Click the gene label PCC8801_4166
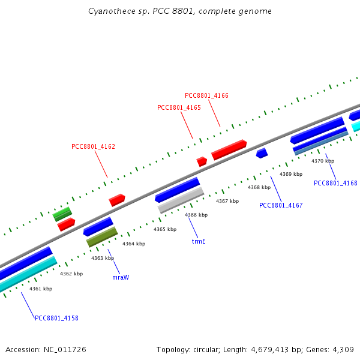click(206, 95)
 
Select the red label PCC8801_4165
click(179, 107)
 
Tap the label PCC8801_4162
click(93, 146)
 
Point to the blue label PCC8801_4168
click(335, 183)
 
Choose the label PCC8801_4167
click(281, 205)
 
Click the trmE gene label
click(199, 241)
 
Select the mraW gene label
click(121, 278)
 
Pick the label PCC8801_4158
click(56, 318)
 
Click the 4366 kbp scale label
click(196, 215)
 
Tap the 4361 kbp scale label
click(41, 289)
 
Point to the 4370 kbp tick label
click(323, 161)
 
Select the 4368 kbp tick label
click(259, 187)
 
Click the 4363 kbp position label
click(103, 258)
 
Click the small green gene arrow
click(62, 214)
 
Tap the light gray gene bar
click(181, 200)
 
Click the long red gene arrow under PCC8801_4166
click(229, 149)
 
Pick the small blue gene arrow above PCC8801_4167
click(262, 154)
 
